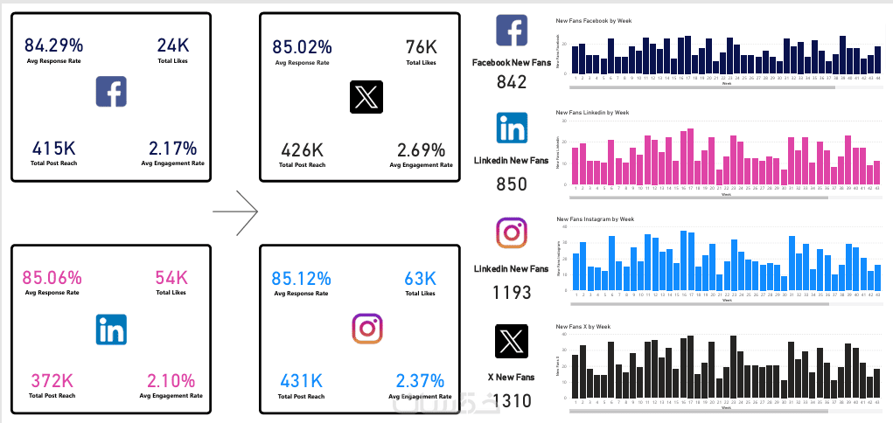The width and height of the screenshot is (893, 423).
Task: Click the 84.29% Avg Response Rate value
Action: [x=53, y=45]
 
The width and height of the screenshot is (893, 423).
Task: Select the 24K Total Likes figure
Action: [x=172, y=45]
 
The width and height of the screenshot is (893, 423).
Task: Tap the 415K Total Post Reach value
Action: [x=53, y=148]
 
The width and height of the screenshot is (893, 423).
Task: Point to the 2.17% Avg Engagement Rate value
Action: [x=172, y=148]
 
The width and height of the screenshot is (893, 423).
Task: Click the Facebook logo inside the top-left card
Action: [x=112, y=92]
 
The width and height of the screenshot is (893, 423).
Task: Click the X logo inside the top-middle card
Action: [x=366, y=97]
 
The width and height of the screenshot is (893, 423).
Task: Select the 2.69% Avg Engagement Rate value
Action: [x=421, y=149]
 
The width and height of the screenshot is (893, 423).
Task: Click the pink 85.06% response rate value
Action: [x=53, y=277]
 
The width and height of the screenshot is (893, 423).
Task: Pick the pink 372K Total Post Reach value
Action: [x=53, y=380]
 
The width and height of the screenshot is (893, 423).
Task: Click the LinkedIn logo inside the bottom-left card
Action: [x=112, y=329]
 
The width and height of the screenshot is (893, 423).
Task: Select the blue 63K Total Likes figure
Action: [x=420, y=278]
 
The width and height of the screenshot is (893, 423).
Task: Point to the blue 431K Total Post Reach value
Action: [x=302, y=381]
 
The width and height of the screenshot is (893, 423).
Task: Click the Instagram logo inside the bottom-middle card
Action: [x=367, y=329]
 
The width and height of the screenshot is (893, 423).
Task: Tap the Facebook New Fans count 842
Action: [x=512, y=82]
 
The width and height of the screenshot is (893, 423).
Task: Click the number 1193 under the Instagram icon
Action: [x=512, y=292]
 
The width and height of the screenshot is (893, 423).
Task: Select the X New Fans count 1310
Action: [x=512, y=401]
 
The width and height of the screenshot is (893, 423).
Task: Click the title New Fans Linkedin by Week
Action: [x=592, y=113]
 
